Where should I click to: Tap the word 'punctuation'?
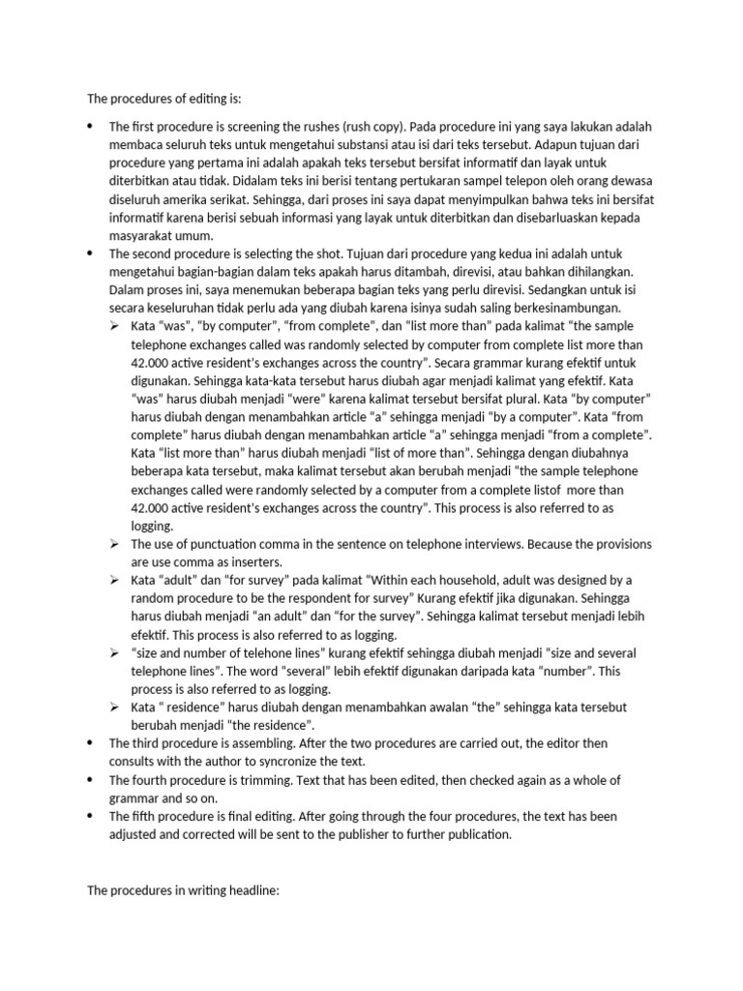219,544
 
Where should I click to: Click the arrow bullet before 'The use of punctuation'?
114,544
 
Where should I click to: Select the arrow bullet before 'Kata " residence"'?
114,707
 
